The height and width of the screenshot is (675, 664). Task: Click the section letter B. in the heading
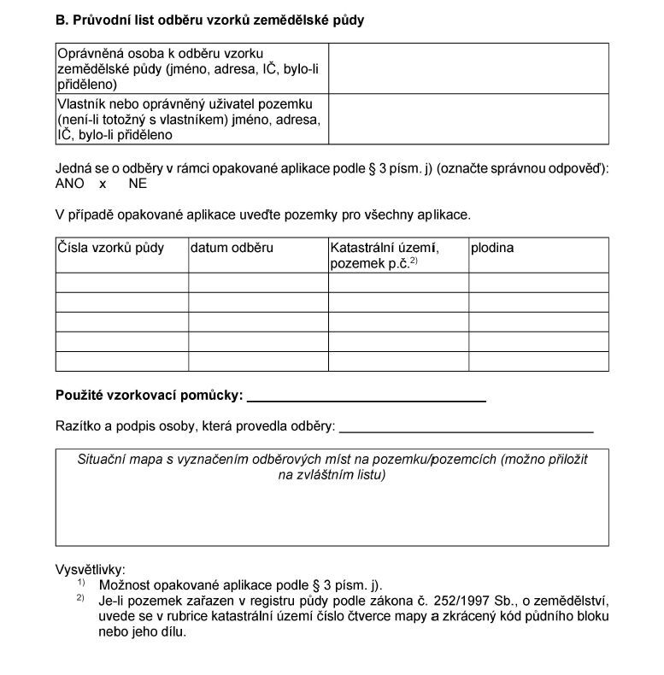pyautogui.click(x=62, y=20)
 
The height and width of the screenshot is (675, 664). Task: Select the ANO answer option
pyautogui.click(x=70, y=183)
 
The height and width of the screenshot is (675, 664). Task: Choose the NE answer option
pyautogui.click(x=138, y=183)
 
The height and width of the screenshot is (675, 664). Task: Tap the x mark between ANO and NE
pyautogui.click(x=103, y=184)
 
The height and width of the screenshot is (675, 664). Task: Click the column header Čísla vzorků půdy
pyautogui.click(x=110, y=248)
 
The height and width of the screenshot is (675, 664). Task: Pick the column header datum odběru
pyautogui.click(x=232, y=248)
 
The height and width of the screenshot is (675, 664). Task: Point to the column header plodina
pyautogui.click(x=492, y=248)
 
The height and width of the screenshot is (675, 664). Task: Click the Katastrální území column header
pyautogui.click(x=384, y=248)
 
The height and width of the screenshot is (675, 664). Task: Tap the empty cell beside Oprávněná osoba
pyautogui.click(x=468, y=67)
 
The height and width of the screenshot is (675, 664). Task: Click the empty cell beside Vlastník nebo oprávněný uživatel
pyautogui.click(x=468, y=118)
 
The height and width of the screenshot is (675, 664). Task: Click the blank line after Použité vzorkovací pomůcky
pyautogui.click(x=366, y=397)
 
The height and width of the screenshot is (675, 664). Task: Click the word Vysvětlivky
pyautogui.click(x=91, y=569)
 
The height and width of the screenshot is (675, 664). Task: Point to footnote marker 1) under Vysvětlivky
pyautogui.click(x=81, y=583)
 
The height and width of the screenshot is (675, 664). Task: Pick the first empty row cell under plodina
pyautogui.click(x=538, y=282)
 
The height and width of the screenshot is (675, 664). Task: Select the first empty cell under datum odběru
pyautogui.click(x=258, y=282)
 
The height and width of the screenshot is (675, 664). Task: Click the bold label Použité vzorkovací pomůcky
pyautogui.click(x=149, y=396)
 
